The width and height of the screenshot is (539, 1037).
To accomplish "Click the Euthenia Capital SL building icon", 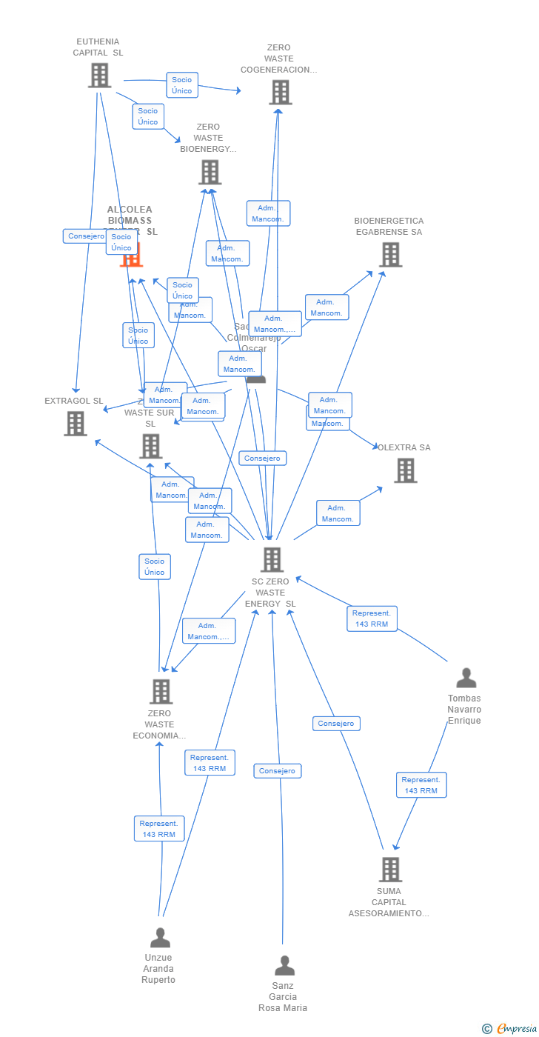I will (x=99, y=76).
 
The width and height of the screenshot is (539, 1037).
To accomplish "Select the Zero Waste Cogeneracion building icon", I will (x=280, y=93).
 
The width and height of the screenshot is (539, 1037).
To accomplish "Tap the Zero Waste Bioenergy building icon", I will (x=210, y=172).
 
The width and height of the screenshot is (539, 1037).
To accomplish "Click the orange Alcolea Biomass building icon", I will (x=131, y=256).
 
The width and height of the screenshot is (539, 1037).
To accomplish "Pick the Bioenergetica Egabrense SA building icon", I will (x=390, y=255).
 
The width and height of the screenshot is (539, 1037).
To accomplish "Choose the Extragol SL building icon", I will (x=76, y=424).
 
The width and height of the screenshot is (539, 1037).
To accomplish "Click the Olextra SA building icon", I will (x=405, y=470).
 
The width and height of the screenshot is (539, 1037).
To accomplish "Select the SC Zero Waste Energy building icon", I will (x=272, y=560).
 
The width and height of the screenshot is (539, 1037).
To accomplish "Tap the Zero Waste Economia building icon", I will (x=161, y=691).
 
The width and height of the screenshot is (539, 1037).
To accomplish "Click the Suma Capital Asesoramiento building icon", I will (x=389, y=870).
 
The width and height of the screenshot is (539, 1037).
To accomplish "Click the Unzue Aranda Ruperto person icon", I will (x=160, y=938).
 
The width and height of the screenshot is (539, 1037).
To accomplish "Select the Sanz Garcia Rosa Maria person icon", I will (x=284, y=966).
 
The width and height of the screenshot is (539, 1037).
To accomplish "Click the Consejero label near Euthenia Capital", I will (x=87, y=236).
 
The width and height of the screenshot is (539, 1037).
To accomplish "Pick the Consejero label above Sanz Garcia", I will (x=278, y=771).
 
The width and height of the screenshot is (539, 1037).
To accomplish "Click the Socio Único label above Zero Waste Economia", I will (x=155, y=567).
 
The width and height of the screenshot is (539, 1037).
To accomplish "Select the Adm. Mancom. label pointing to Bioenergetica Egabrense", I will (x=327, y=307).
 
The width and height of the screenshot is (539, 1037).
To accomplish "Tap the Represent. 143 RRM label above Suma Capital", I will (x=421, y=785).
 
